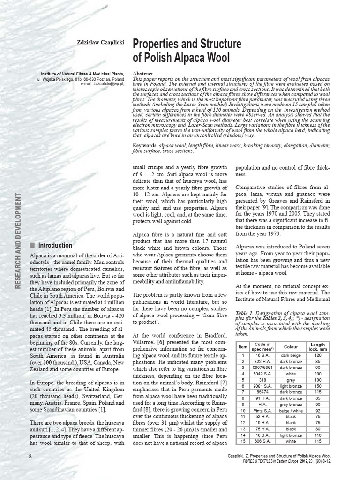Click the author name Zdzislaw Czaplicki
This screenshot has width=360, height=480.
tap(100, 42)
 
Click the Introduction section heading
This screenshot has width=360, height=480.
tap(55, 245)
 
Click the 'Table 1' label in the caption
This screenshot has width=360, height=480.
tap(245, 312)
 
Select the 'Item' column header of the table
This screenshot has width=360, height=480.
tap(242, 347)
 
